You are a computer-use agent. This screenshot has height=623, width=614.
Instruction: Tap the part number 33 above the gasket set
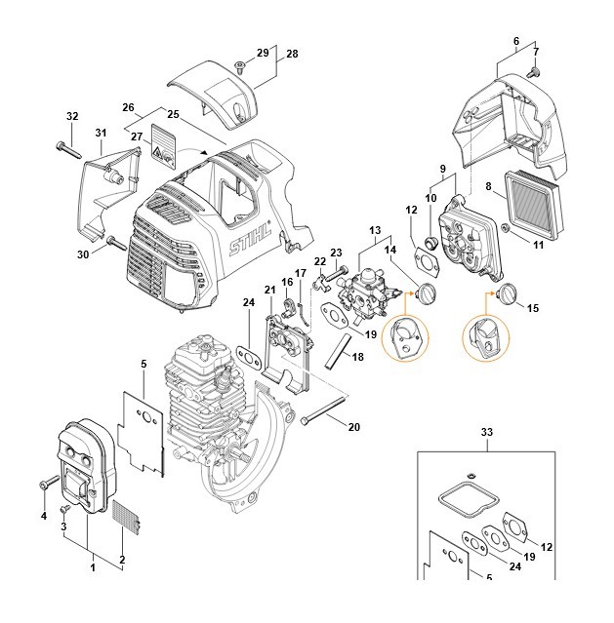(x=486, y=432)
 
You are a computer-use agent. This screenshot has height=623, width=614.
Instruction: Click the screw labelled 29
(x=239, y=67)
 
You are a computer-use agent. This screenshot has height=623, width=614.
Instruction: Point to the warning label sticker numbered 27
(x=164, y=145)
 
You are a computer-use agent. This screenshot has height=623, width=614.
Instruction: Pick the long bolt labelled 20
(x=323, y=409)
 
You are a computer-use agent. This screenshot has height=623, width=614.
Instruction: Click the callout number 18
(x=357, y=357)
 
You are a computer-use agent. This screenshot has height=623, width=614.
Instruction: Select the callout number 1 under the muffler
(x=93, y=567)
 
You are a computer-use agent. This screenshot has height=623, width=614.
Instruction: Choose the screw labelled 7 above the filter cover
(x=533, y=72)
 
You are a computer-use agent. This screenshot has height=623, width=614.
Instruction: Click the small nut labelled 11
(x=507, y=228)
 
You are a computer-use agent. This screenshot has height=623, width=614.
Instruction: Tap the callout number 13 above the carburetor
(x=375, y=230)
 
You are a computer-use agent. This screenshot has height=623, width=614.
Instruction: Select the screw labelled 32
(x=69, y=149)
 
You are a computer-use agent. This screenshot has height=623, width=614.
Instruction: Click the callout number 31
(x=101, y=133)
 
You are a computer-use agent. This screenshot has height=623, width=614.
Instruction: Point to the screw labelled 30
(x=116, y=243)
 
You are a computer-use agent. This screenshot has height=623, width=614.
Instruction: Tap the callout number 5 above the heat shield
(x=143, y=364)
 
